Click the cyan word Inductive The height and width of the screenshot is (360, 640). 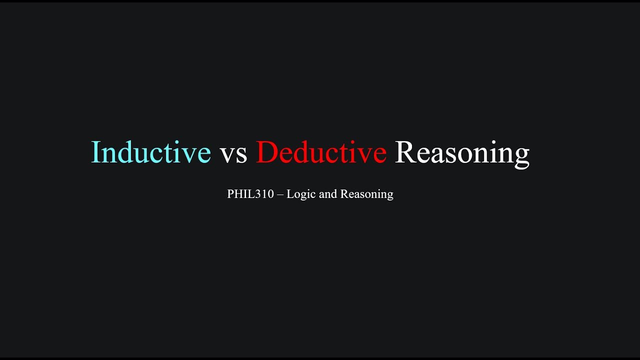click(x=150, y=152)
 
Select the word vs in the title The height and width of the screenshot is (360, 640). click(x=233, y=154)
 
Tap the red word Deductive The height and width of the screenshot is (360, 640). click(x=321, y=152)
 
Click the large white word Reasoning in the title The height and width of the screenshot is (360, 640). click(x=461, y=153)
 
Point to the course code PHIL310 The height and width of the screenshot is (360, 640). click(x=250, y=194)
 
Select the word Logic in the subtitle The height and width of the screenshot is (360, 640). click(x=301, y=194)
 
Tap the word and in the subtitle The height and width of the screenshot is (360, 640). click(x=327, y=194)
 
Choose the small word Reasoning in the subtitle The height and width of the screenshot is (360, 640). click(x=366, y=194)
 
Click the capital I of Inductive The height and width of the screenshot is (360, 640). click(x=95, y=152)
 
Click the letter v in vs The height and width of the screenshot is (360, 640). click(x=226, y=155)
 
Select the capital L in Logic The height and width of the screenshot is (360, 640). click(x=290, y=194)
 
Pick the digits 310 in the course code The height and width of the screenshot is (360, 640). click(x=265, y=194)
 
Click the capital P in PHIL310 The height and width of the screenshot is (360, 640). click(x=230, y=194)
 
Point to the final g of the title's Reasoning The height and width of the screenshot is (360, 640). click(x=521, y=156)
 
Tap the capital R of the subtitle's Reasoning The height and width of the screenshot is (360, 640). click(x=343, y=194)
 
